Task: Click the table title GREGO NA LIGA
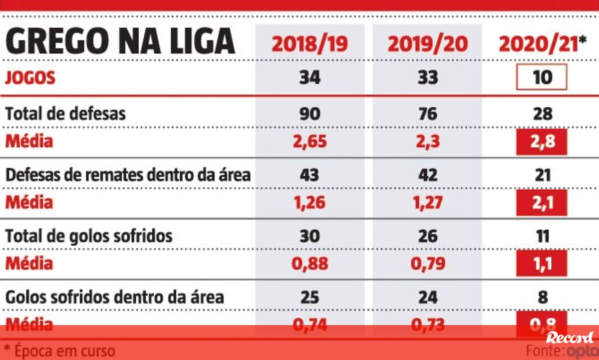coord(120,41)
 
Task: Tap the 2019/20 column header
coord(428,44)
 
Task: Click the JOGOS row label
coord(30,78)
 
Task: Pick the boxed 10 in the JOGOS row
coord(543,77)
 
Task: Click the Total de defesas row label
coord(65,114)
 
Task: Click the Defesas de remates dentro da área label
coord(128,175)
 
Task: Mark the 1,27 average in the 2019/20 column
coord(428,202)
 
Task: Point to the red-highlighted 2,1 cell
coord(543,203)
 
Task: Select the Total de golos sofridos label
coord(89,236)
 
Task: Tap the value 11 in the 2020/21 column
coord(543,236)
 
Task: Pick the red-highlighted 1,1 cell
coord(543,263)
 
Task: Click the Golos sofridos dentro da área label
coord(114,297)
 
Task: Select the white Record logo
coord(570,338)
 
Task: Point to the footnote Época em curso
coord(59,351)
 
